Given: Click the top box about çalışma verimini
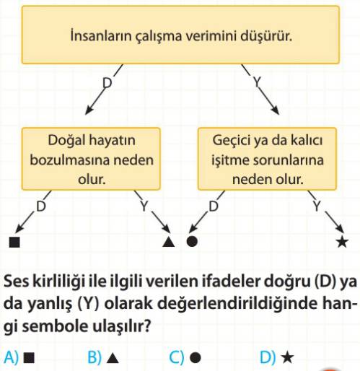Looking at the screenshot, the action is (180, 35).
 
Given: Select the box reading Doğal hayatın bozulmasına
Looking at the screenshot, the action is (91, 159).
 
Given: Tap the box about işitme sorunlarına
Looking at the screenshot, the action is (267, 159).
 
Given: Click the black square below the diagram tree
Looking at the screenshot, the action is (14, 242).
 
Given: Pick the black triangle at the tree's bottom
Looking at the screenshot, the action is (168, 242).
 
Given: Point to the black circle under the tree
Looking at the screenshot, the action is (192, 241).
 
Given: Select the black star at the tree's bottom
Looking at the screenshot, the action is (342, 242).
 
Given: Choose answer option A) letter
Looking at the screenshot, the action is (11, 357).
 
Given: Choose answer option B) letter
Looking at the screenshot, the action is (95, 357).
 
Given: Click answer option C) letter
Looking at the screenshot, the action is (177, 357).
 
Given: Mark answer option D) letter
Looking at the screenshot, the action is (268, 357).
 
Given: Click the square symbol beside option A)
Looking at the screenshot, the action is (29, 358).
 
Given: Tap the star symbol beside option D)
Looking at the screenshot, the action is (288, 357).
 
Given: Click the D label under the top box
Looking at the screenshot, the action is (107, 83).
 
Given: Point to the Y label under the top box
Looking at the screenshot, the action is (257, 82).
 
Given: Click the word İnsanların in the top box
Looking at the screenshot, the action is (101, 36).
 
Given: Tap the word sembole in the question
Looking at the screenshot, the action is (55, 326).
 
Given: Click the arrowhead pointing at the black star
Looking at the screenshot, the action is (341, 229).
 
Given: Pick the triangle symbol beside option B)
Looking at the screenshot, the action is (113, 358).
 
